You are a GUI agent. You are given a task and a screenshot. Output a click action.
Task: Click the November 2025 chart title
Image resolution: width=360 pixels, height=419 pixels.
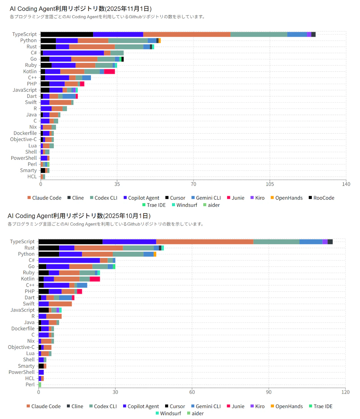[x=81, y=9]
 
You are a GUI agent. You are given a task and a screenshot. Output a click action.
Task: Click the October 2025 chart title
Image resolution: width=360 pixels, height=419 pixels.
[x=79, y=216]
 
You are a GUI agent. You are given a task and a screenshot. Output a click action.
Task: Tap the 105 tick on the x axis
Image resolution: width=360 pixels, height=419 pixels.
[x=270, y=184]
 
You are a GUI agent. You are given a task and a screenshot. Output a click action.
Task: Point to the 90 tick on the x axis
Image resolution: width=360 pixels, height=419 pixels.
[x=269, y=392]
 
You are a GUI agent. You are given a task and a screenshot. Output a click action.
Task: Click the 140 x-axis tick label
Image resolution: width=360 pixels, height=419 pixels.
[x=346, y=184]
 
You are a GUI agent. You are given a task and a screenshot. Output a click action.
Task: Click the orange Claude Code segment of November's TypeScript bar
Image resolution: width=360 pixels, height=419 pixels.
[x=187, y=34]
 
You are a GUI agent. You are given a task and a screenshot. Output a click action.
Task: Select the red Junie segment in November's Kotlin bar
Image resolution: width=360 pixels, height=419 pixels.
[x=109, y=72]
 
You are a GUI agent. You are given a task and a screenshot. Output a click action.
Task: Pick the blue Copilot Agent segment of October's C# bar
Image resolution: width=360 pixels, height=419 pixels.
[x=69, y=260]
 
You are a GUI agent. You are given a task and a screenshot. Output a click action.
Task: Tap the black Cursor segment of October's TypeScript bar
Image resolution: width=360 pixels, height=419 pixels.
[x=70, y=242]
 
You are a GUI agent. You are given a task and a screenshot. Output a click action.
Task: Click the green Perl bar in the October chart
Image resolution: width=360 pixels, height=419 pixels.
[x=40, y=385]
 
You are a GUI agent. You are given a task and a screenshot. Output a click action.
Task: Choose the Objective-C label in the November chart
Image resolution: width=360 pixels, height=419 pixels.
[x=23, y=140]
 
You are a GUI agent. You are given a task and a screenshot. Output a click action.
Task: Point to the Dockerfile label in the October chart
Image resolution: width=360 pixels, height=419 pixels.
[x=23, y=329]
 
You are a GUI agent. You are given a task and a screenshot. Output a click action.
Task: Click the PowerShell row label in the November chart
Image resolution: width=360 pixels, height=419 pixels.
[x=24, y=158]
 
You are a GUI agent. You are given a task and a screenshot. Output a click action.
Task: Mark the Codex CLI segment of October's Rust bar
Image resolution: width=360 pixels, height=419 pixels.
[x=138, y=248]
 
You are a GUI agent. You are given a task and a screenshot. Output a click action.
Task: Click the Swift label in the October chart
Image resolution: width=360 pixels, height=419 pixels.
[x=29, y=304]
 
